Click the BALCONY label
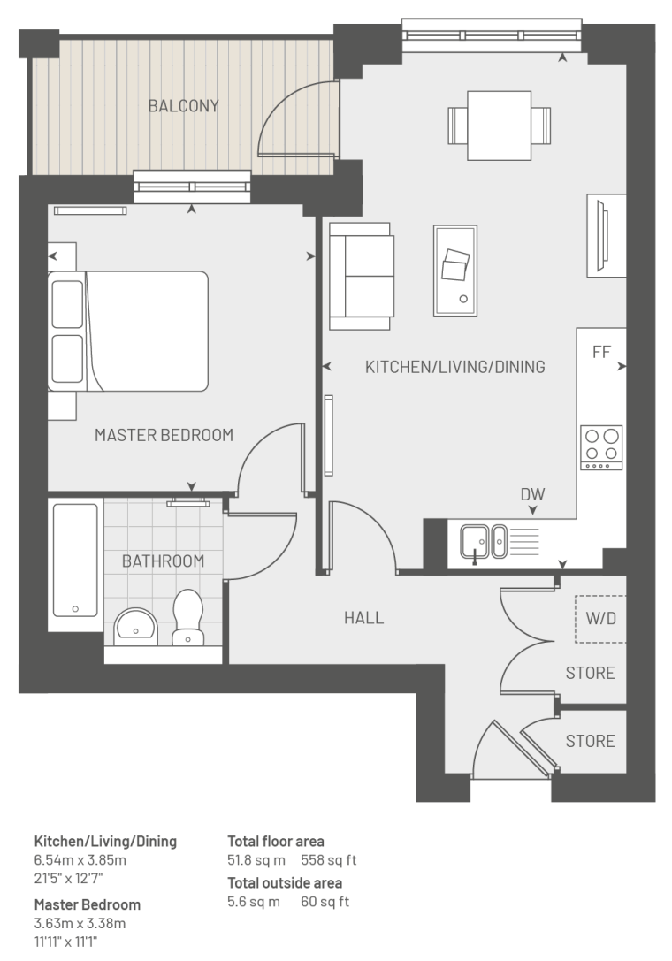click(x=183, y=106)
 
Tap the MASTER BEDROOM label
click(x=164, y=435)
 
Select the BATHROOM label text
click(x=163, y=561)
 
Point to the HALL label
click(x=363, y=618)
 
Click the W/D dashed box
click(x=600, y=619)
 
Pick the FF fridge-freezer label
click(x=601, y=352)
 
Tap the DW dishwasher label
click(x=532, y=494)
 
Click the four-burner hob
click(x=601, y=447)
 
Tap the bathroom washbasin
click(x=135, y=626)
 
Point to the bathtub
click(x=75, y=561)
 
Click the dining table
click(x=499, y=126)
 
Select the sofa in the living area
click(x=361, y=277)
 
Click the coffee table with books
click(x=455, y=271)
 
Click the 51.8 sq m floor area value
click(x=256, y=860)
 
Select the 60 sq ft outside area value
click(x=325, y=902)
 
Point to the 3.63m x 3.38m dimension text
click(x=80, y=923)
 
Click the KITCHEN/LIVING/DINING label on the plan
click(x=455, y=367)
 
